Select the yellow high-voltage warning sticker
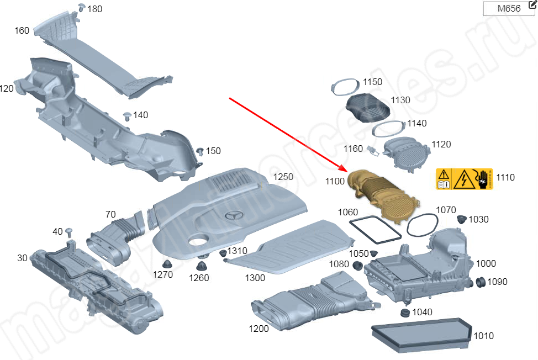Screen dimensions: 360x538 (x=464, y=179)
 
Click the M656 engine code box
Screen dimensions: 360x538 (x=508, y=9)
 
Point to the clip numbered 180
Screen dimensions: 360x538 (x=81, y=8)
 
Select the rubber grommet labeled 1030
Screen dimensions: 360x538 (x=459, y=219)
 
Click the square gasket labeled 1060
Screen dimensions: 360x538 (x=375, y=229)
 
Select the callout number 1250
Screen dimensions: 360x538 (x=282, y=177)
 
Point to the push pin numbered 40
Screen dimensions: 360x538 (x=70, y=231)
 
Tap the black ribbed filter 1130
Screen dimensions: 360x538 (x=368, y=107)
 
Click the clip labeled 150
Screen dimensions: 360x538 (x=201, y=151)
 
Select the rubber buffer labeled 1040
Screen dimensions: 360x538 (x=404, y=313)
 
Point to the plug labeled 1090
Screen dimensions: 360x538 (x=479, y=282)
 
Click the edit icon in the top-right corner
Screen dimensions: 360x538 (x=532, y=5)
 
